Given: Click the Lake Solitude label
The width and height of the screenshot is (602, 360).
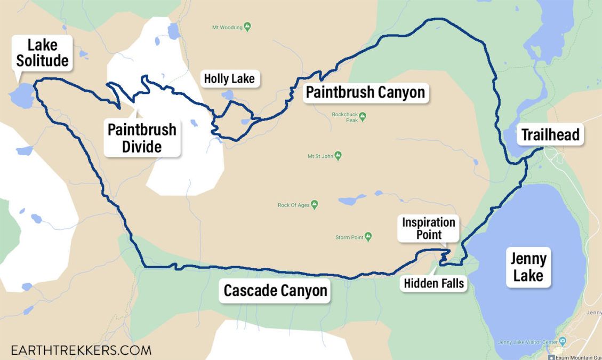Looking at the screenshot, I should pyautogui.click(x=42, y=52).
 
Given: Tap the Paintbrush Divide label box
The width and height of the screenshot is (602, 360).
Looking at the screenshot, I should pyautogui.click(x=142, y=138).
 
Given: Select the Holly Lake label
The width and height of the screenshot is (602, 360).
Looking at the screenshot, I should pyautogui.click(x=229, y=79).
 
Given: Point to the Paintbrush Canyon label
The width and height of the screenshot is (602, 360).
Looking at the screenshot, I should pyautogui.click(x=365, y=92).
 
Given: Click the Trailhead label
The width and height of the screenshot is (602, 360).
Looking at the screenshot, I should pyautogui.click(x=550, y=134).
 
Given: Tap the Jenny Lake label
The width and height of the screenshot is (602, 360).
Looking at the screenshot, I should pyautogui.click(x=528, y=267).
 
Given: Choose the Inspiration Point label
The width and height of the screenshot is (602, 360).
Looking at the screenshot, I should pyautogui.click(x=429, y=228).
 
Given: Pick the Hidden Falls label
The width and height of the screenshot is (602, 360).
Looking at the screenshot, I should pyautogui.click(x=434, y=284).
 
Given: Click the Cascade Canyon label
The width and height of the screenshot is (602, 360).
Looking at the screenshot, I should pyautogui.click(x=275, y=291).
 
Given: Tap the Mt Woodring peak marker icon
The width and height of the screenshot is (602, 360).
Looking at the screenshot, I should pyautogui.click(x=247, y=27).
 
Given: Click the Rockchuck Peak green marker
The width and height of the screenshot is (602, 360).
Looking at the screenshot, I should pyautogui.click(x=363, y=116).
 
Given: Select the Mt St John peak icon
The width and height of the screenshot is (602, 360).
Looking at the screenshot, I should pyautogui.click(x=338, y=156).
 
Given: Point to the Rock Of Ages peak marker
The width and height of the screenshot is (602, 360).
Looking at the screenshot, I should pyautogui.click(x=315, y=204).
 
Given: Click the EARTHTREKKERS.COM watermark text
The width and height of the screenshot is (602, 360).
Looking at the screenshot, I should pyautogui.click(x=76, y=350).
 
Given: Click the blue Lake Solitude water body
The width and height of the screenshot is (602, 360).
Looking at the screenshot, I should pyautogui.click(x=22, y=96).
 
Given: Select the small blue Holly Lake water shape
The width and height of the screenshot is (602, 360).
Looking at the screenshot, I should pyautogui.click(x=228, y=95).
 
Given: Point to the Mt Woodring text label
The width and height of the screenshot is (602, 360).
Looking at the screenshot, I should pyautogui.click(x=227, y=27).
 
